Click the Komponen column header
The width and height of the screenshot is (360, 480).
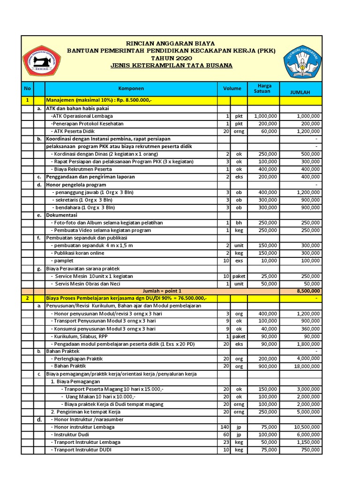[131, 88]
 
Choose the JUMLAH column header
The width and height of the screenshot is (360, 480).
[300, 92]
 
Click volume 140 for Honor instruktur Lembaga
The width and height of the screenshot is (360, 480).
[224, 427]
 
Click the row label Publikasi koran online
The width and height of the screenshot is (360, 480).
[77, 253]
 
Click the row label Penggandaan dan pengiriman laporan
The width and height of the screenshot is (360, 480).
[90, 177]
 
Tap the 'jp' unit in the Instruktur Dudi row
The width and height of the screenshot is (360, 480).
[239, 435]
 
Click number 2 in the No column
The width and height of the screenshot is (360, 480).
[27, 299]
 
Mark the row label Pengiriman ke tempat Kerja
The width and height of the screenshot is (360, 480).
[89, 412]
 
